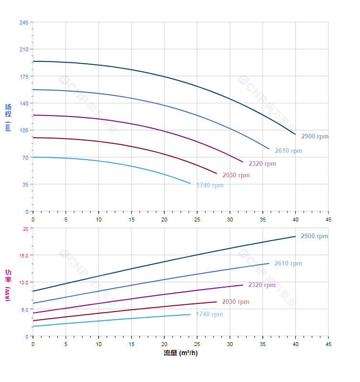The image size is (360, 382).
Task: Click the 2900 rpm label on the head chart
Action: [x=315, y=137]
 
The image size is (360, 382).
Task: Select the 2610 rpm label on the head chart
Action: [x=288, y=151]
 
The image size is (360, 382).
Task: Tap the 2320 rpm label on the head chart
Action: [x=262, y=164]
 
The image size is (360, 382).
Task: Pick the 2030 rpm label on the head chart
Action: [x=236, y=175]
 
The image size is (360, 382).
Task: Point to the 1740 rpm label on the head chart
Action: [x=209, y=185]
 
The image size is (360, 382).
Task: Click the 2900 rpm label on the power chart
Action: [x=314, y=236]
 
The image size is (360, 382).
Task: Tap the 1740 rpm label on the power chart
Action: [x=209, y=314]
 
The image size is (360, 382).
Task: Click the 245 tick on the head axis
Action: [x=24, y=23]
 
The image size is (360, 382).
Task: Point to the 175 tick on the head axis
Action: [x=24, y=77]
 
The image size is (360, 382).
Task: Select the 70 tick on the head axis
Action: [x=25, y=158]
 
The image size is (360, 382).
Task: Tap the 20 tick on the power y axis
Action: [x=25, y=229]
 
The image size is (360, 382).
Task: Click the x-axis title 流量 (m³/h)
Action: [x=180, y=353]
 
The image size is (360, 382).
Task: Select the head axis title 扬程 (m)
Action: [x=8, y=117]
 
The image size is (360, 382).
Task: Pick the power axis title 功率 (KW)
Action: [x=8, y=285]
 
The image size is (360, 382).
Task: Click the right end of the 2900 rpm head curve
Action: [x=295, y=134]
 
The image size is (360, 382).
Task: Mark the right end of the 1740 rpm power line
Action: [x=191, y=314]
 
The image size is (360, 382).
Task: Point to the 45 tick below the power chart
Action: [x=328, y=344]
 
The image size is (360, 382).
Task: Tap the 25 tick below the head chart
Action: [x=197, y=219]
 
